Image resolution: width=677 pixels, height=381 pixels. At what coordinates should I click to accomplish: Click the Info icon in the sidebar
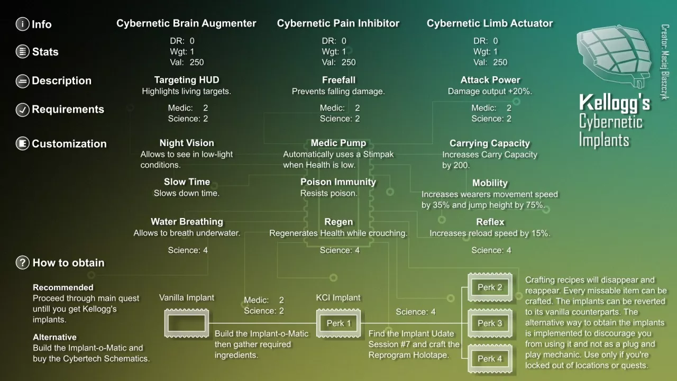point(22,24)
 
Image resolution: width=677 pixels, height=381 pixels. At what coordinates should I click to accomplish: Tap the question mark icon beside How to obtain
point(22,262)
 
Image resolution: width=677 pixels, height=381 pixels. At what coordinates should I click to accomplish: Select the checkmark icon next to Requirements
point(22,110)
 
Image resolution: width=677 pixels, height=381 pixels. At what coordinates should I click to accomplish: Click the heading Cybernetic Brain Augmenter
point(186,23)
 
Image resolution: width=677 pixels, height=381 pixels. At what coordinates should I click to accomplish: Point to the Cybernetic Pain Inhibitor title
point(338,23)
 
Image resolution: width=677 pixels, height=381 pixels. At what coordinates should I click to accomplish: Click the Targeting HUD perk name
point(187,80)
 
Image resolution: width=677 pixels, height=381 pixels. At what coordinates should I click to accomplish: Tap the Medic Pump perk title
point(338,143)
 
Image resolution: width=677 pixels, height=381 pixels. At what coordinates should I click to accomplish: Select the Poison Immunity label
point(338,182)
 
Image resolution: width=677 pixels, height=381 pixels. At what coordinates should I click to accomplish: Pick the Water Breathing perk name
point(187,222)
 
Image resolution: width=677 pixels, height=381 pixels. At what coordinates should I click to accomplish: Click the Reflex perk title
point(490,222)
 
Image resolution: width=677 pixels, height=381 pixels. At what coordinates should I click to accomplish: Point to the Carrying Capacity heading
point(490,143)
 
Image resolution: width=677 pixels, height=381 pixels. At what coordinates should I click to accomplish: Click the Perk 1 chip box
point(338,323)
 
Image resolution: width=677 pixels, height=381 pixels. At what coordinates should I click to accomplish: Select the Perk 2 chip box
point(490,287)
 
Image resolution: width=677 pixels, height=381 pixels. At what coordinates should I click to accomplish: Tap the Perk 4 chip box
point(490,359)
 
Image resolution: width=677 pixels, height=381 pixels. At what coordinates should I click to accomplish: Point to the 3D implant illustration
point(614,56)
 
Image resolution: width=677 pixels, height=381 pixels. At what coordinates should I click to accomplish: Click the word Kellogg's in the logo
point(615,103)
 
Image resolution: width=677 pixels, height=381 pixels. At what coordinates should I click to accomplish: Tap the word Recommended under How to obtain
point(63,287)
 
